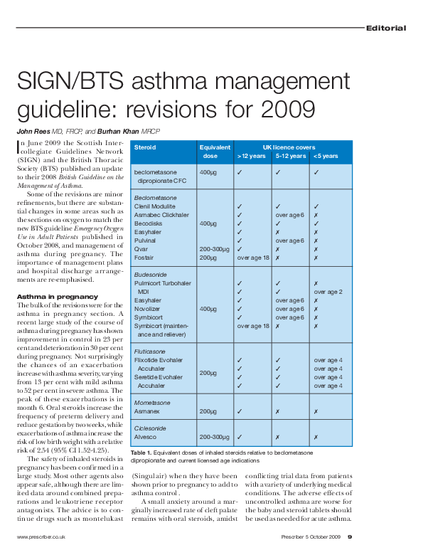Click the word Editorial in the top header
pos(386,28)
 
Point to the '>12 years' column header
pos(251,157)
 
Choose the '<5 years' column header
pos(326,157)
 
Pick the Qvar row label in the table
pos(141,250)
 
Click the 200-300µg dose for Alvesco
pos(215,438)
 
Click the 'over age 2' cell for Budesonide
pos(328,292)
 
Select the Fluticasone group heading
pos(149,351)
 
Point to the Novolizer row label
pos(148,309)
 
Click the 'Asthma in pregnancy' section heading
pos(57,296)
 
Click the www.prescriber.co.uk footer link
pos(43,536)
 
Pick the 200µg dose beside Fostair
pos(208,258)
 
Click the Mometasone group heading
pos(151,403)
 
